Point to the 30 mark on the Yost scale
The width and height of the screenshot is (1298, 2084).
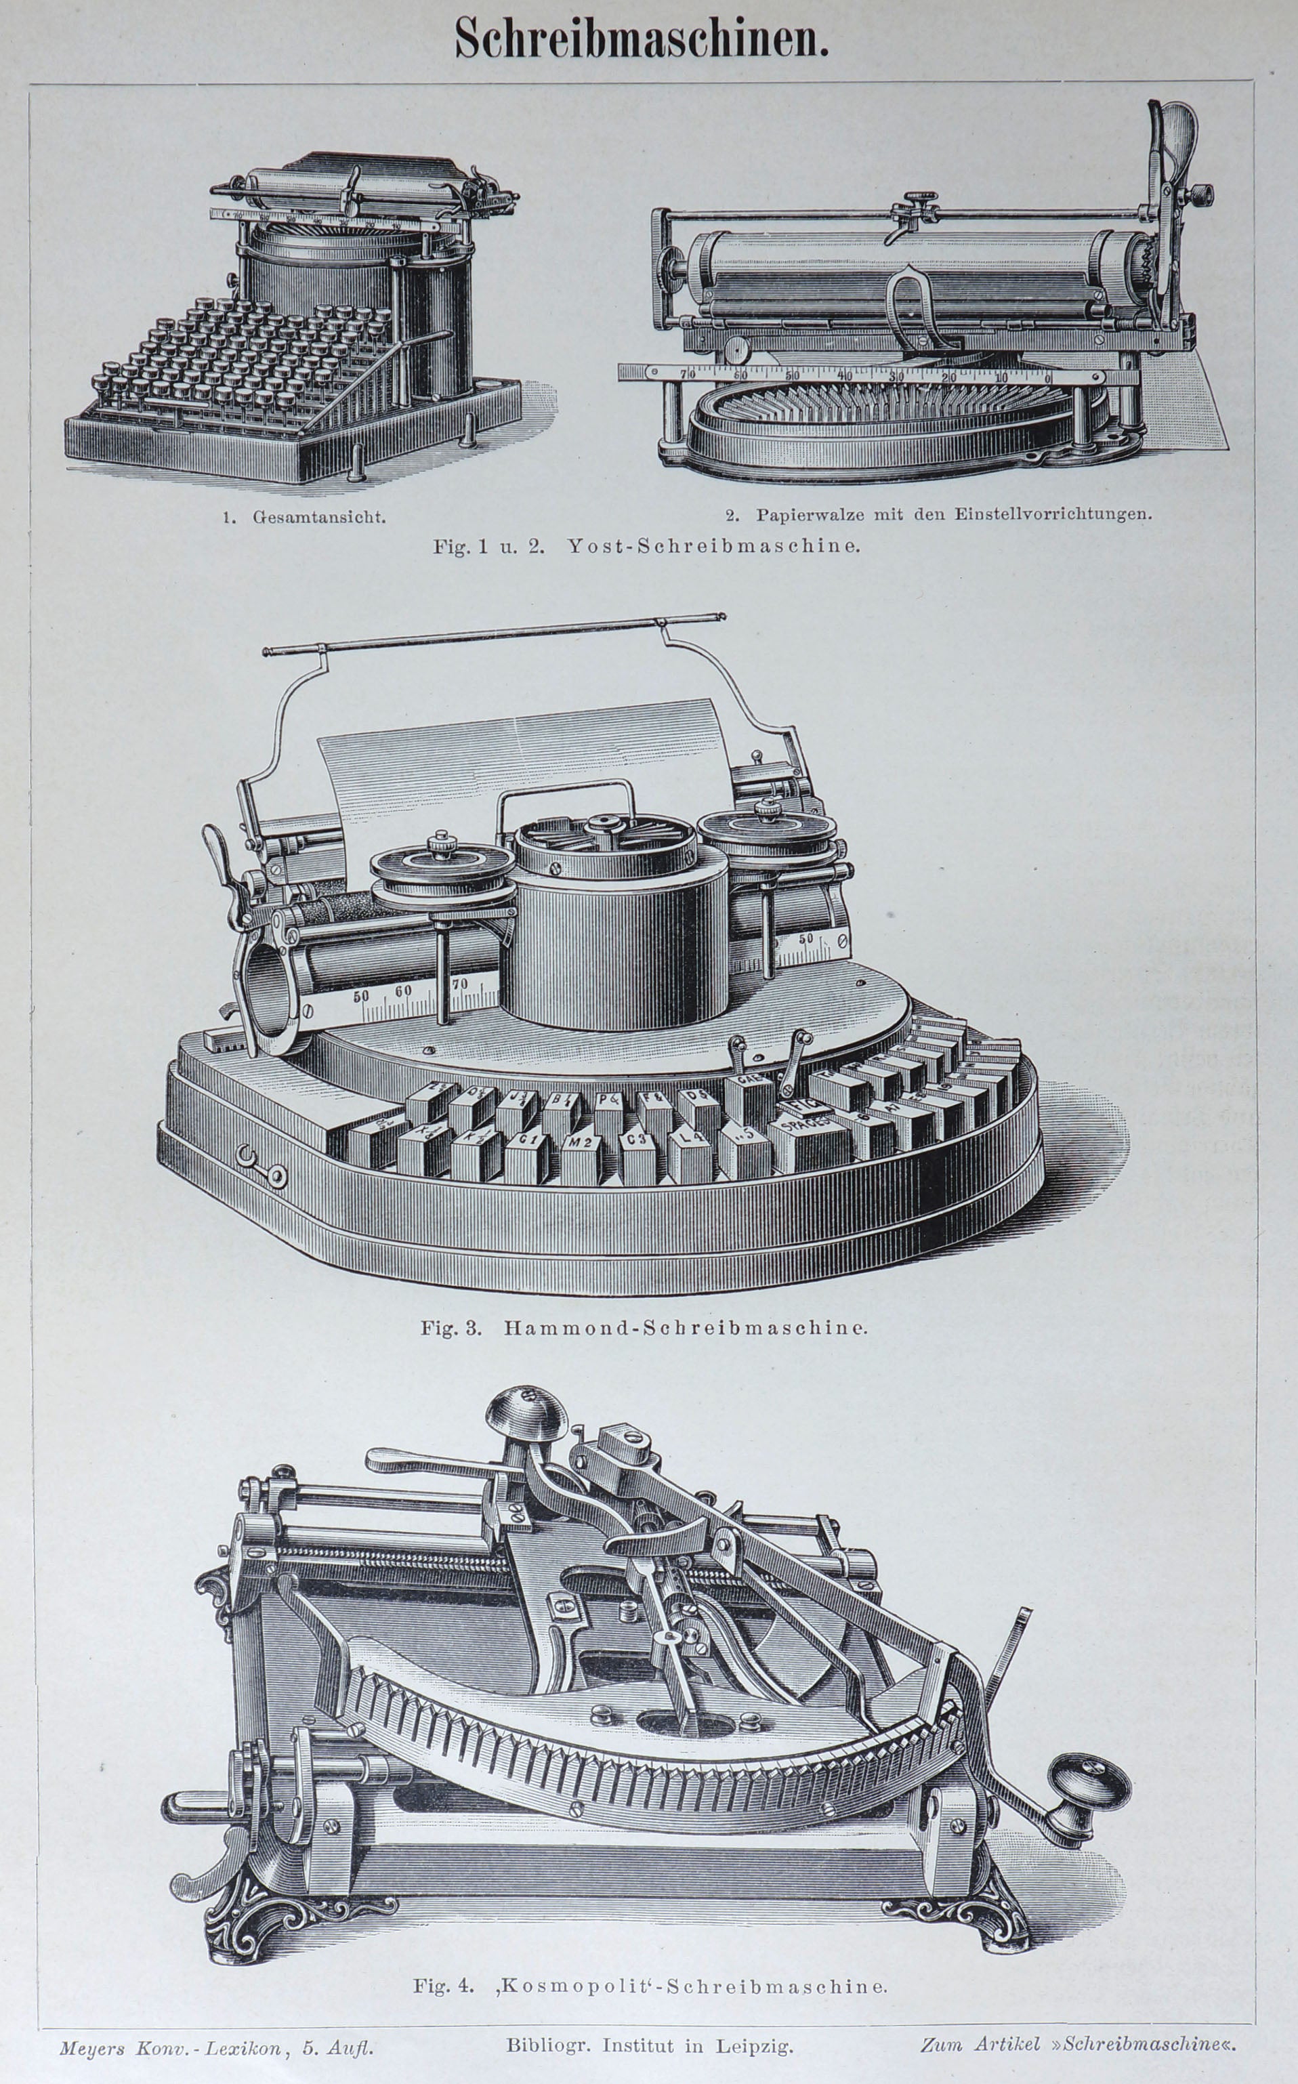coord(896,376)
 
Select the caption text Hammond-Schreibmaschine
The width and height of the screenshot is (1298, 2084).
coord(685,1328)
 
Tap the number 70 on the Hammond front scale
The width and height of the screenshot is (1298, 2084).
coord(459,984)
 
